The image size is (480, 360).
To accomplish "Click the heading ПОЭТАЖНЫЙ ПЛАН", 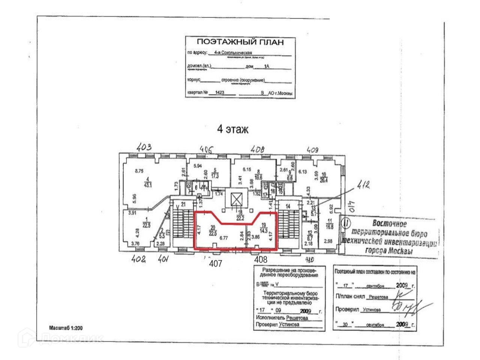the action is pos(240,42).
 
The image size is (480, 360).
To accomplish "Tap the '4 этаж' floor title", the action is pos(232,130).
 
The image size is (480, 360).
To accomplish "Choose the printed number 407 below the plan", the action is pos(216,264).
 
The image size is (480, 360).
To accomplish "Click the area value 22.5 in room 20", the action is pos(213,232).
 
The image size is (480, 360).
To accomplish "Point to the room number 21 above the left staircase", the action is pos(183,204).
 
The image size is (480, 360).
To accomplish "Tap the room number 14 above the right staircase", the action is pos(288,206).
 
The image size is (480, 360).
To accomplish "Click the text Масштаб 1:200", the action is pos(66,328).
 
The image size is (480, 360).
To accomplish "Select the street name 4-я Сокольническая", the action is pos(235,53).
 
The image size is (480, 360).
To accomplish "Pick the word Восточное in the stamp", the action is pos(389,223).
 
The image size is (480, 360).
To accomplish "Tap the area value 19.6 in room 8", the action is pos(258,178).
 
